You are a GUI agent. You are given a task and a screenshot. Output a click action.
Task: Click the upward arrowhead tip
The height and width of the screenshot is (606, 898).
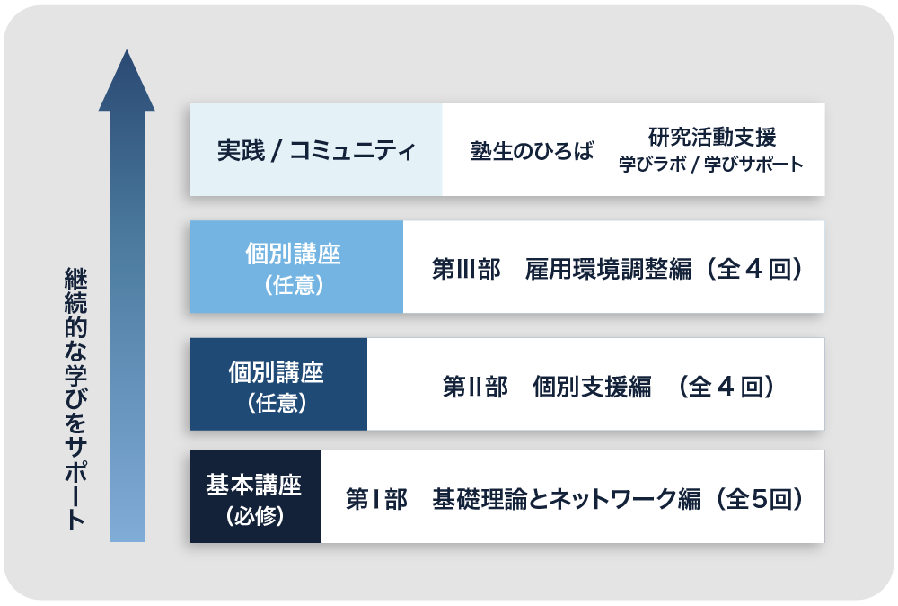pos(127,50)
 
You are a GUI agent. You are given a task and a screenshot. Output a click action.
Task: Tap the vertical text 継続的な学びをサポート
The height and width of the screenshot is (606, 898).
pos(75,398)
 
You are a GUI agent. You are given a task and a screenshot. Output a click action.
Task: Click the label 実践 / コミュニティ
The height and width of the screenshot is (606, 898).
pos(316,151)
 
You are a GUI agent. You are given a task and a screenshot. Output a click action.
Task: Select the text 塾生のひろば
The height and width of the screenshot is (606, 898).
pos(532,151)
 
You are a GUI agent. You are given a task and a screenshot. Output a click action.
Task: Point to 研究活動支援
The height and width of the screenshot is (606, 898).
pos(712,137)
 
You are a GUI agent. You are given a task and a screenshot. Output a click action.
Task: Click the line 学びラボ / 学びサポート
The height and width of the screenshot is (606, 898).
pos(710,165)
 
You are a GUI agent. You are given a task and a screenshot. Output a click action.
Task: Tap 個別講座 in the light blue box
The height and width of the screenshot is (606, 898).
pos(294,254)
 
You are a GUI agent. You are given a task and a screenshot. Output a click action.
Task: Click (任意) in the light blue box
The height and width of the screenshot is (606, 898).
pos(295,285)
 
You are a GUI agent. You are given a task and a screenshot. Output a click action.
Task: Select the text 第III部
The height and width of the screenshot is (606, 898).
pos(466,269)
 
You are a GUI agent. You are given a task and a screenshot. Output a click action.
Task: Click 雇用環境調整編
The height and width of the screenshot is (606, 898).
pos(608,269)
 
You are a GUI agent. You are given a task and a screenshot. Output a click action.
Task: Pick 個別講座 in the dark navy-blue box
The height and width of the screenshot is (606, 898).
pos(276,372)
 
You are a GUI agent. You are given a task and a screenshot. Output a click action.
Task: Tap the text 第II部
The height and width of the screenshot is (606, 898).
pos(475,387)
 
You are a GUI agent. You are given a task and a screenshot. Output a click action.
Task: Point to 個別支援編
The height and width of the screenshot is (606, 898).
pos(592,387)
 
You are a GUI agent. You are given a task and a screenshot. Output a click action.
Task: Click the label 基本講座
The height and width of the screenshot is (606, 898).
pos(254,485)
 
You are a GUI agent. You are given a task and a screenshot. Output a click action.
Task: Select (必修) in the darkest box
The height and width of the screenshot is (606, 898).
pos(255,515)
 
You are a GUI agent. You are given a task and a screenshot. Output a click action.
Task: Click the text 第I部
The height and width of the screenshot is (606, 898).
pos(376,499)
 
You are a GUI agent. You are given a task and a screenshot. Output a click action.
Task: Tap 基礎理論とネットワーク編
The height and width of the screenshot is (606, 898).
pos(566,499)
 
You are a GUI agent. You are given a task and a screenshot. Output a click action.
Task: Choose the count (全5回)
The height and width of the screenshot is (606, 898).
pos(760,499)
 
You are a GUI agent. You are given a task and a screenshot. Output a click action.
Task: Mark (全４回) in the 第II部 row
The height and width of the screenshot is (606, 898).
pos(726,387)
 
